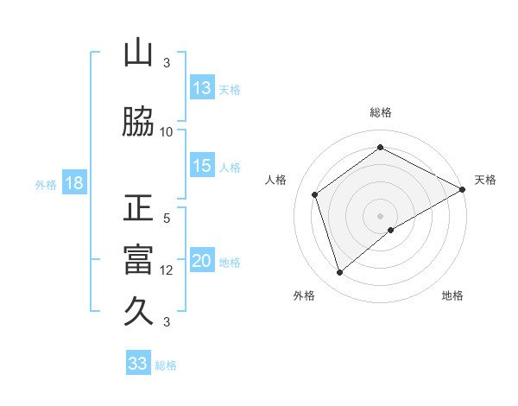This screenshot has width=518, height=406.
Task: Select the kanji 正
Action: [138, 209]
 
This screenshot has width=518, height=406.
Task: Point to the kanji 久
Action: [138, 310]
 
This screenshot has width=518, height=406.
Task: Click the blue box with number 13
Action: [202, 88]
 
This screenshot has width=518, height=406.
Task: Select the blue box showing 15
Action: [202, 167]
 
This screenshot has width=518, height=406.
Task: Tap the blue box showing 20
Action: [202, 262]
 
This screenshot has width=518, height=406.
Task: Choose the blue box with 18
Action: [73, 184]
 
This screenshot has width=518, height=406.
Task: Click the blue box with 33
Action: [138, 364]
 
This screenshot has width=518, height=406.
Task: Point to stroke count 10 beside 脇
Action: [167, 131]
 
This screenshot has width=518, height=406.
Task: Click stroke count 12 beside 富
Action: [167, 270]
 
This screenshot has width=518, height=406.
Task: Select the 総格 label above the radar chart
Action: [381, 112]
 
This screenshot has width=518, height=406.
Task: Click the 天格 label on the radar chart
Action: [485, 180]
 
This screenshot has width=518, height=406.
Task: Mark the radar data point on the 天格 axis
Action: [463, 189]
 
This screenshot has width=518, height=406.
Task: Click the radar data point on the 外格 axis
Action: [339, 273]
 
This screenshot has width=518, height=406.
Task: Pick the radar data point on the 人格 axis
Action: [315, 194]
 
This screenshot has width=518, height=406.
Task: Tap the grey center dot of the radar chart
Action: [381, 215]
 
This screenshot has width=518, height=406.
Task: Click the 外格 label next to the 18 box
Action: [46, 185]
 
